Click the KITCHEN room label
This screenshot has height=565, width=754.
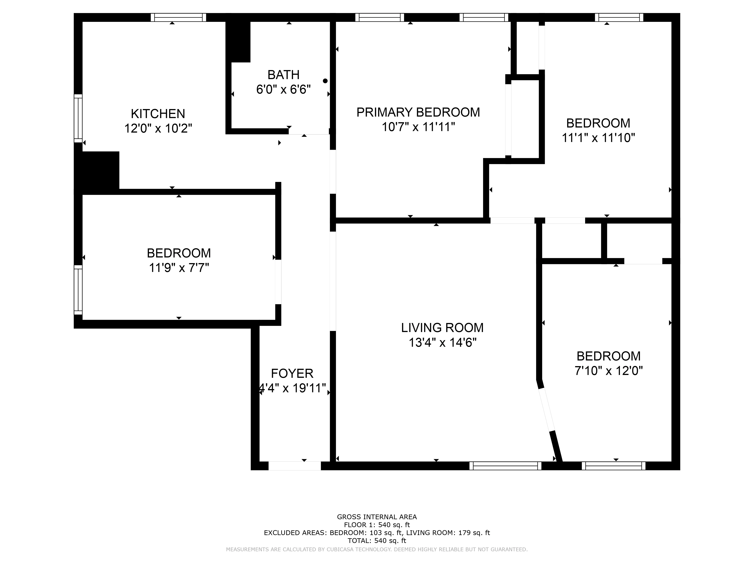coord(158,113)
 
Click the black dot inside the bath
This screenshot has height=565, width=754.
coord(325,81)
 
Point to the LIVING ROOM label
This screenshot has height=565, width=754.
coord(442,328)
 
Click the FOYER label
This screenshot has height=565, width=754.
coord(292,374)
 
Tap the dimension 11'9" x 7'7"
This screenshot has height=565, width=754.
coord(179,268)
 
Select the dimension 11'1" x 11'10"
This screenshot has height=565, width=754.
coord(598,138)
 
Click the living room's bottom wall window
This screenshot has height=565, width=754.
coord(505,466)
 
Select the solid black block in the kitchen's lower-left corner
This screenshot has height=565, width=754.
coord(97,170)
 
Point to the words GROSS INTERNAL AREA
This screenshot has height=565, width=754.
coord(377,517)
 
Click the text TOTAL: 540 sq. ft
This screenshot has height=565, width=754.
coord(377,541)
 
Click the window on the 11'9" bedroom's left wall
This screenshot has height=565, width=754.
coord(78,290)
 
